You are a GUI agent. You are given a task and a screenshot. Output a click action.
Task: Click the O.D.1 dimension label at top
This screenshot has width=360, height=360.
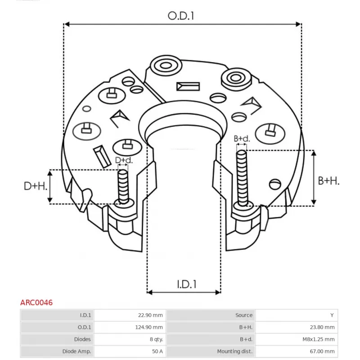181,16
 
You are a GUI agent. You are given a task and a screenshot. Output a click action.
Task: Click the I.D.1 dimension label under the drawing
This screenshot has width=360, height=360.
186,284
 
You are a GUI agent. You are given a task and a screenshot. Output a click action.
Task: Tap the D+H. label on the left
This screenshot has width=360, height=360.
36,186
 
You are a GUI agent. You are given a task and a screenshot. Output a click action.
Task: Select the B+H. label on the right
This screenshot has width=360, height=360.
329,180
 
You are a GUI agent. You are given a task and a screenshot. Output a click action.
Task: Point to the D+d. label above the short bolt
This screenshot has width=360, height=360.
124,160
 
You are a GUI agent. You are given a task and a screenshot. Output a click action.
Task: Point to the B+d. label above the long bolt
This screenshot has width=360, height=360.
242,139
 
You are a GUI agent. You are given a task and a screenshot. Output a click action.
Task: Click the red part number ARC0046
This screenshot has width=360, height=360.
36,303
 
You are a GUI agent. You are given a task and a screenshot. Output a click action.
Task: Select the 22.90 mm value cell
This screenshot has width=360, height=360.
153,315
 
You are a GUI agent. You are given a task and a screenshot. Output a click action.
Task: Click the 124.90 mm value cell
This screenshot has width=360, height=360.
151,327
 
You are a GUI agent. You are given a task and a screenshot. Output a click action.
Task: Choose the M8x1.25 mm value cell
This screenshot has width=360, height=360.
318,339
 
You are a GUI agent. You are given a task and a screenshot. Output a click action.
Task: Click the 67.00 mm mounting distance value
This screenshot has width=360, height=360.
322,351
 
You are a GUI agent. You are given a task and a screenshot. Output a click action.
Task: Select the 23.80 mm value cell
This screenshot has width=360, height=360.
322,327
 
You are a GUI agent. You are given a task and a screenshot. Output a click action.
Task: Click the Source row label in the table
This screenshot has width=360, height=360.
244,315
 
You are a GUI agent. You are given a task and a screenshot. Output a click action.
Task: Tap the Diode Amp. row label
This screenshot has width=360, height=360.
76,351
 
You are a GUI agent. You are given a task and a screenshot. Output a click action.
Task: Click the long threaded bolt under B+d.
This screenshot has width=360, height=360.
242,178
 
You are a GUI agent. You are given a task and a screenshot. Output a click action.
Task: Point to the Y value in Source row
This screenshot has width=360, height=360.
333,315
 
